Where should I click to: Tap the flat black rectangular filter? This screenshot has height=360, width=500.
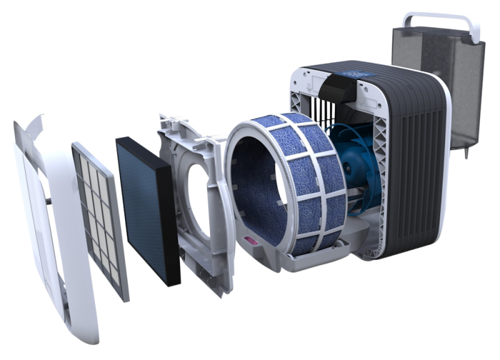pyautogui.click(x=147, y=206)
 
